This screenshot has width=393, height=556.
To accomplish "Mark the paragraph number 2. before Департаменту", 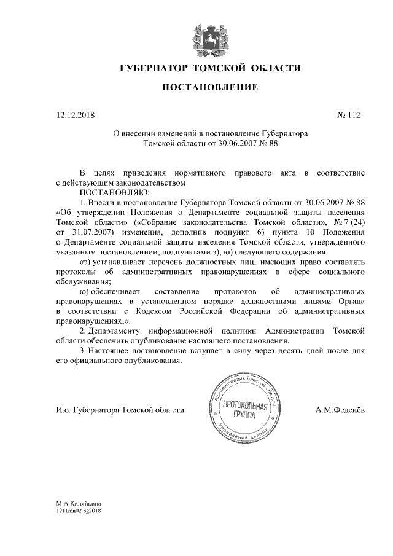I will click(84, 331).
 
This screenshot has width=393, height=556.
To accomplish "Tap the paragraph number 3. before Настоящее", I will click(84, 351).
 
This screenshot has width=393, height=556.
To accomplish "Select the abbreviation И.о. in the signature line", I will click(62, 410).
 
